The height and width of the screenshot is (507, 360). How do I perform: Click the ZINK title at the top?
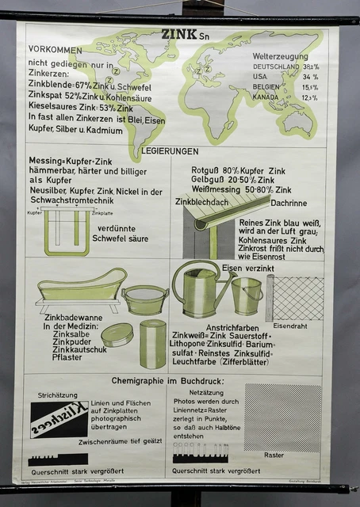pos(177,35)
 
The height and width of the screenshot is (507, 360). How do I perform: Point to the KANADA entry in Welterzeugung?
pos(267,97)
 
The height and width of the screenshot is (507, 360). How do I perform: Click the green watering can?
pos(199,289)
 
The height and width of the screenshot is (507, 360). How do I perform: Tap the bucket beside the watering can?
pos(247,295)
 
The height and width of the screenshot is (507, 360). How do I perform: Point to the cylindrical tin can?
pos(153,343)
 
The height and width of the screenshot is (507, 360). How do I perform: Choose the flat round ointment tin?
pos(117,334)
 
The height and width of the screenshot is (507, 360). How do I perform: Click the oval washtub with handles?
pos(146,299)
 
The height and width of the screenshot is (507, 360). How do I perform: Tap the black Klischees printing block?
pos(59,419)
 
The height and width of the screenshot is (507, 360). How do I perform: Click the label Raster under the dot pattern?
pos(274,456)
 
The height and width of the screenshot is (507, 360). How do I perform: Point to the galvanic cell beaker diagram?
pos(67,232)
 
